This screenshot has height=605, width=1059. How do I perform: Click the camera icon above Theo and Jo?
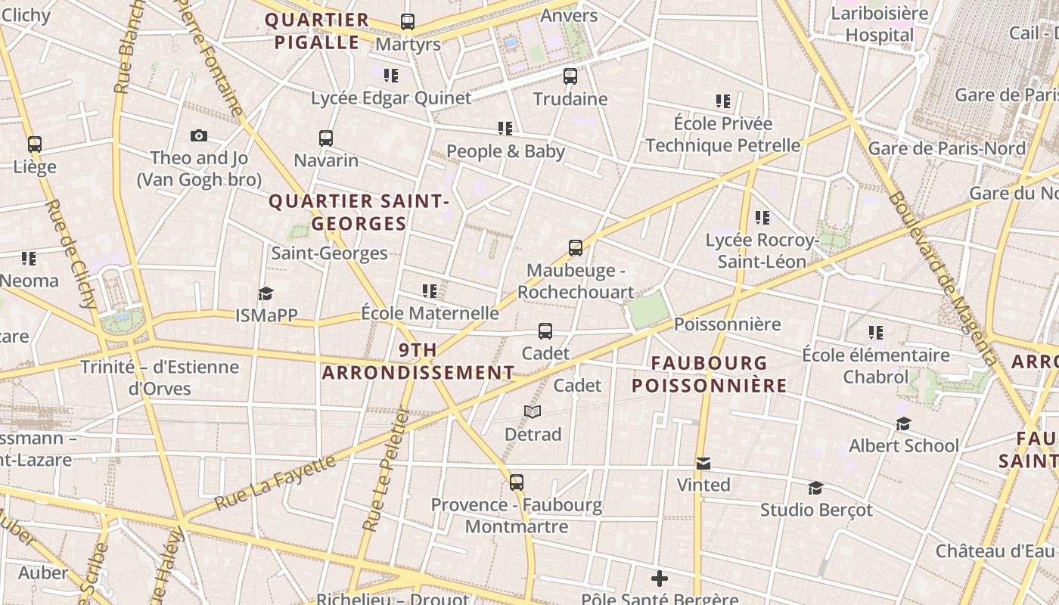(199, 136)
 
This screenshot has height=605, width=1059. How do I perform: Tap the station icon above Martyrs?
(408, 22)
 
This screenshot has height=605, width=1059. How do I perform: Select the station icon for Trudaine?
(570, 76)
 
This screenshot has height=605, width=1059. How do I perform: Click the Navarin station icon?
(326, 138)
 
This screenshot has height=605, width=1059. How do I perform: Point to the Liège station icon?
(35, 144)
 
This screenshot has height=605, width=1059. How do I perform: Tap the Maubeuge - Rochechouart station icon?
(576, 248)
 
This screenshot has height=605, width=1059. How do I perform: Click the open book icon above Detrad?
(533, 412)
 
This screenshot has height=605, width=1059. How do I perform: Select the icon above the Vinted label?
(703, 463)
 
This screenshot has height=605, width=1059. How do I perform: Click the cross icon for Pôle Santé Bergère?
(660, 579)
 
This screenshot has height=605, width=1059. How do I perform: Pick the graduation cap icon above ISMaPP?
(266, 293)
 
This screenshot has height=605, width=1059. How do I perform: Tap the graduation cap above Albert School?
(903, 423)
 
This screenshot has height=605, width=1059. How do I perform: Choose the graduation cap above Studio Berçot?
(815, 488)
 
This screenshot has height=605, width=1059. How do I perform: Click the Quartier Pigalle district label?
(317, 31)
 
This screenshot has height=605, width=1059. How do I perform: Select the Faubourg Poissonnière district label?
(709, 374)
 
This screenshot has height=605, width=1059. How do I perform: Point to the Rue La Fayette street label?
(274, 481)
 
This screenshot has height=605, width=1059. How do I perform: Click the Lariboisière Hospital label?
(879, 24)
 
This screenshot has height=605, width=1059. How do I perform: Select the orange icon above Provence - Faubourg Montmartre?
(517, 482)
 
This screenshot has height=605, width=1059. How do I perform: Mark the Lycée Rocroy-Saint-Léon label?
(762, 251)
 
